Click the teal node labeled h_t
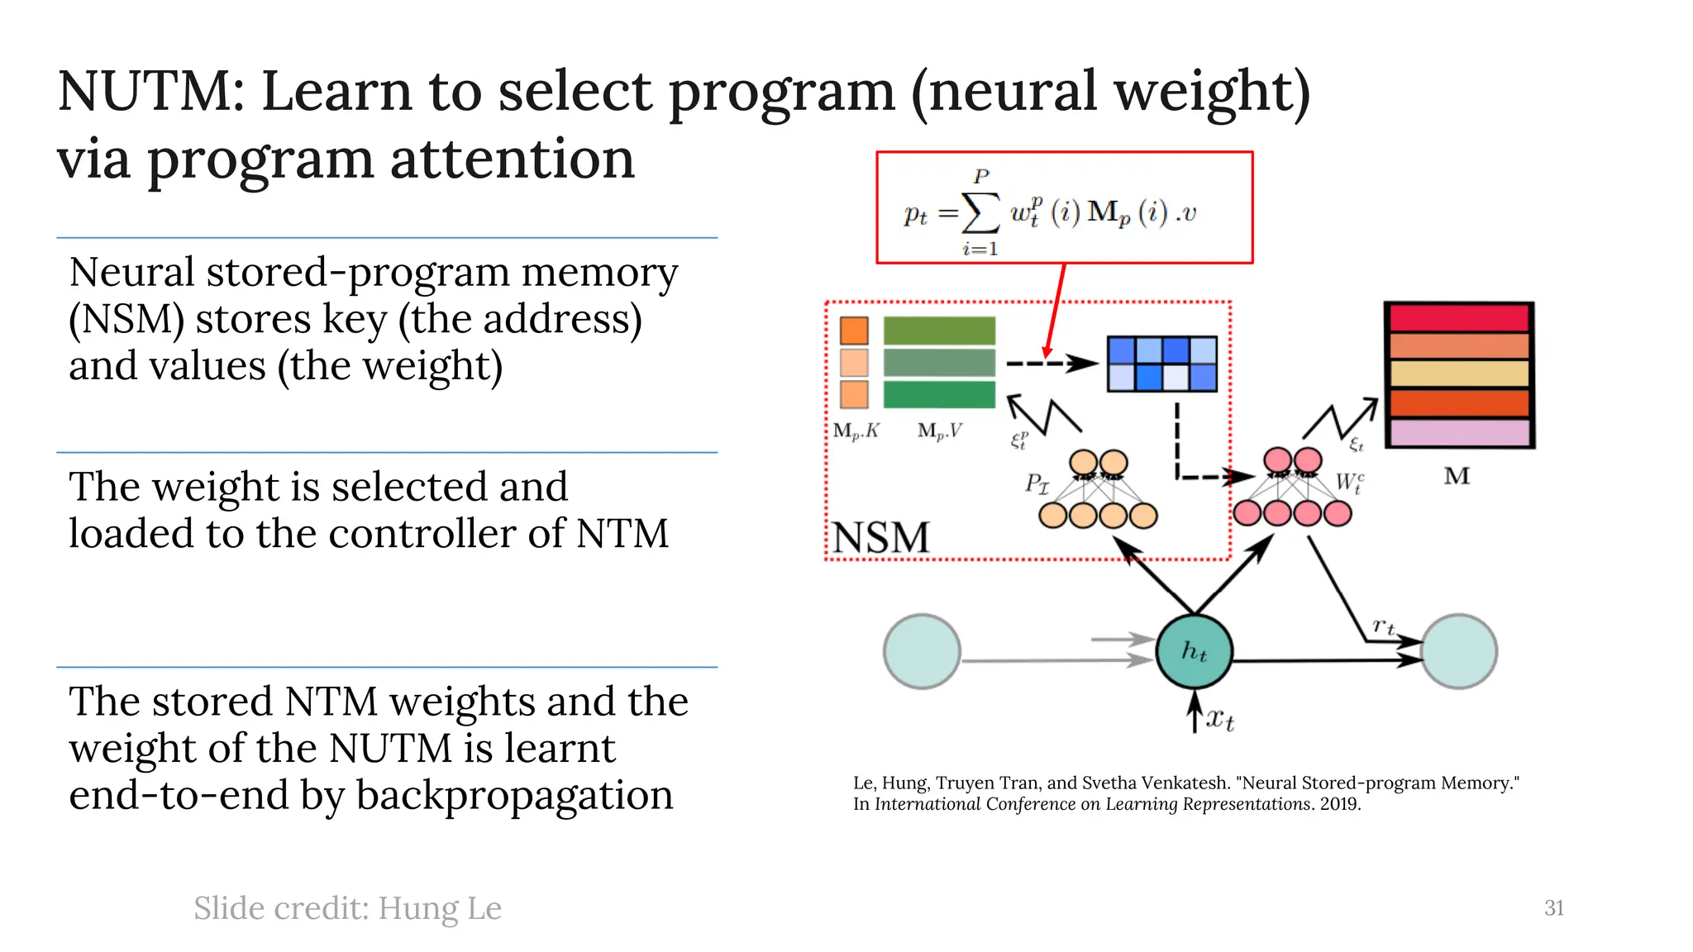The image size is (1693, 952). click(1194, 651)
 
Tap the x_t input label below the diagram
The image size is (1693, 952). click(1219, 718)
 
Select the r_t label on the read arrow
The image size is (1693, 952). click(1383, 626)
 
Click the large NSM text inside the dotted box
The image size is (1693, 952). click(880, 537)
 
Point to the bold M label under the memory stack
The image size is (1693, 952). click(1457, 476)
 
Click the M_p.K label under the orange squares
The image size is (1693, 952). click(856, 431)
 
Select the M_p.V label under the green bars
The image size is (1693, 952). click(940, 431)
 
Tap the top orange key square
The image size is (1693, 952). click(854, 331)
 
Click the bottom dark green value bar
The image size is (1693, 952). click(939, 394)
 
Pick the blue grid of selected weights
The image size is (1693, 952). click(1161, 364)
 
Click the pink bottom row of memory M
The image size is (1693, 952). click(1459, 432)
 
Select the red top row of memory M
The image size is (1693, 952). click(1459, 318)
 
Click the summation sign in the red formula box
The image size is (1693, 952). click(981, 213)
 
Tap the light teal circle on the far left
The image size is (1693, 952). click(921, 651)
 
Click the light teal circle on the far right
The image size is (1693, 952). click(1459, 651)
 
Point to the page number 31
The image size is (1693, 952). click(1553, 907)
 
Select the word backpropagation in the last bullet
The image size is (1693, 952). click(514, 796)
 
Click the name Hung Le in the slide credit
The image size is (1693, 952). click(440, 907)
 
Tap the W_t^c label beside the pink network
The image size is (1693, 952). click(1349, 483)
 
